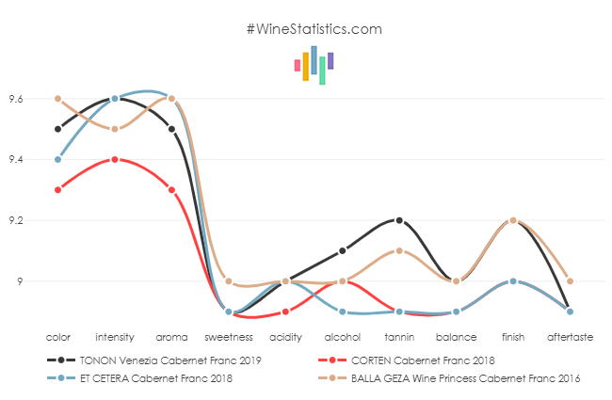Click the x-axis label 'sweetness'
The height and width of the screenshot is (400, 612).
(229, 336)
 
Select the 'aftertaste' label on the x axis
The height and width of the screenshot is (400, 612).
(570, 336)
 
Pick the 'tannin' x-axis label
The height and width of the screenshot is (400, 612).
(399, 336)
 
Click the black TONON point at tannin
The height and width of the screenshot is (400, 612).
(399, 220)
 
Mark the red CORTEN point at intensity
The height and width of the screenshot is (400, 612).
(115, 160)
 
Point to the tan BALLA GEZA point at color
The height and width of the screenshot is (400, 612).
(58, 99)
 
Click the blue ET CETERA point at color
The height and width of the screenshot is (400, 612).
(58, 160)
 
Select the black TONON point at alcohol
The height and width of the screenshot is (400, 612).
(342, 250)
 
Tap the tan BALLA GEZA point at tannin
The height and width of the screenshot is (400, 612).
(399, 250)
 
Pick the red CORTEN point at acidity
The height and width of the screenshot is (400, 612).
(285, 312)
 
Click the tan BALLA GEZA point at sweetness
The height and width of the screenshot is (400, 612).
(229, 281)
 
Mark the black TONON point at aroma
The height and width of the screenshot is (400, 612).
(171, 129)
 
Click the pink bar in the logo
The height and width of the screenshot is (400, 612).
(298, 66)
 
